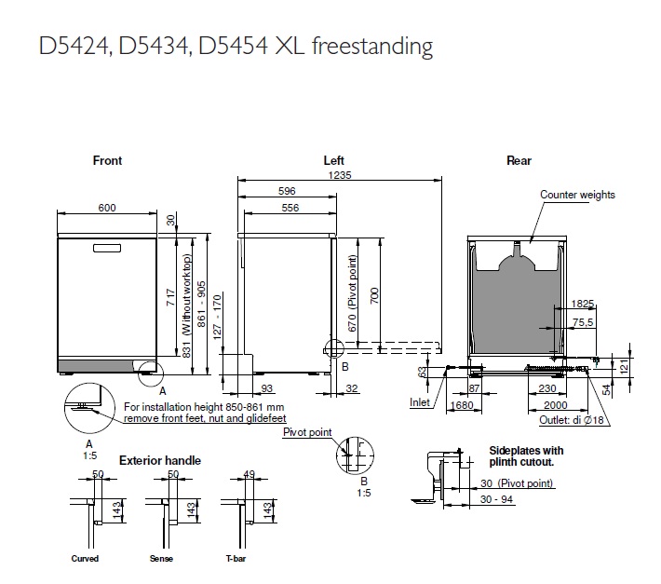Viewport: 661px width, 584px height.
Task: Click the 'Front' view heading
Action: click(x=107, y=160)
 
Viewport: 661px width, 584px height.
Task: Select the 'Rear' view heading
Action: click(x=519, y=160)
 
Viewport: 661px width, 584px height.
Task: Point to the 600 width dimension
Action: click(x=107, y=208)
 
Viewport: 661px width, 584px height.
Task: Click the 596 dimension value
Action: click(x=288, y=191)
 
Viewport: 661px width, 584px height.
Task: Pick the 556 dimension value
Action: click(x=288, y=208)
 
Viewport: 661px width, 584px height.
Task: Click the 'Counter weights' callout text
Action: click(x=577, y=195)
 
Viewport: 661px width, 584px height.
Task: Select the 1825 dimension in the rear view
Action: click(x=584, y=304)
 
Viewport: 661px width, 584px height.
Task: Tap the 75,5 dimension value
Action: click(x=584, y=322)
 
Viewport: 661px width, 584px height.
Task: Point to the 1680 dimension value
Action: click(x=459, y=405)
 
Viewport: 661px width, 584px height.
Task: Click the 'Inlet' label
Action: click(x=421, y=402)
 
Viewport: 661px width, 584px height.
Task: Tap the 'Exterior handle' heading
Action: click(x=160, y=460)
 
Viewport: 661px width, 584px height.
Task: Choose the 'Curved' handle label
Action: click(x=85, y=559)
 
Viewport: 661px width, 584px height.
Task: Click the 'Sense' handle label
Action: click(x=161, y=559)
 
